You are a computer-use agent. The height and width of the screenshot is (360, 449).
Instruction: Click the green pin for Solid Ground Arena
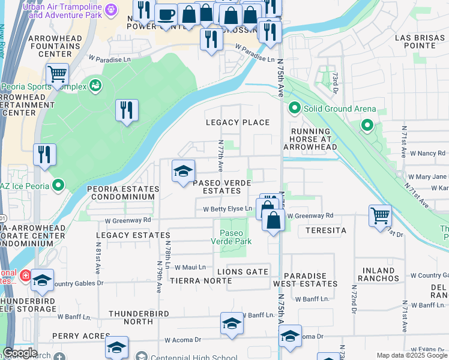coord(294,109)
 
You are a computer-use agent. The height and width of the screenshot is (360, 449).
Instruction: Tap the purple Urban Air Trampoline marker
coord(110,10)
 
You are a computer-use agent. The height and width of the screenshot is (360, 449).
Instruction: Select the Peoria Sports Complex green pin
coord(95,86)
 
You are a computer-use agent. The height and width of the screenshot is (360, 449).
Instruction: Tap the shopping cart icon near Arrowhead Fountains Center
coord(57,74)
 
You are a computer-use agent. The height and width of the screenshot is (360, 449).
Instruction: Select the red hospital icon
coord(25,277)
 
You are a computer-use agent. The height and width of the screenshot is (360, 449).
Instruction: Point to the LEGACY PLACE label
coord(238,122)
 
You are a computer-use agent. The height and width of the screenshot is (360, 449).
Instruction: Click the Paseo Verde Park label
coord(231,237)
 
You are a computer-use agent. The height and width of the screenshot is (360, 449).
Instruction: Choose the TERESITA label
coord(326,230)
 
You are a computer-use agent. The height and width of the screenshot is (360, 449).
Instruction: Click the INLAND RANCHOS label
coord(378,274)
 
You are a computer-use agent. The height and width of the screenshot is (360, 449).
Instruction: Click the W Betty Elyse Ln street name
coord(228,209)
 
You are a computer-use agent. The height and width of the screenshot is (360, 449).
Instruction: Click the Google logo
coord(20,353)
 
